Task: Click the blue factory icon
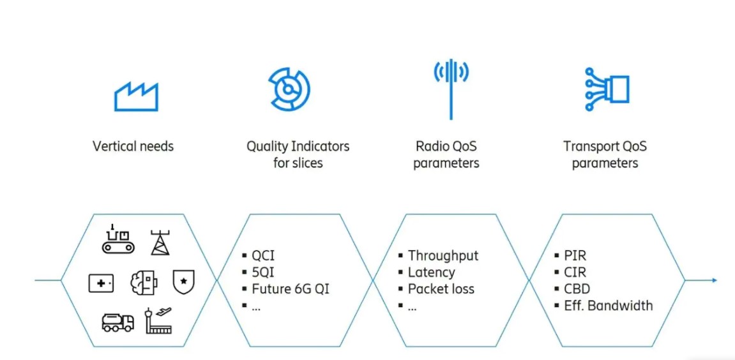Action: (136, 96)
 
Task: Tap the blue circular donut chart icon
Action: (289, 89)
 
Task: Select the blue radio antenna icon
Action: (450, 89)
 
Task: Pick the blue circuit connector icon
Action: (607, 89)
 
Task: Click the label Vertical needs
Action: (133, 146)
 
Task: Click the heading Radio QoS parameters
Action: (446, 154)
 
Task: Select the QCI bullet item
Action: (258, 256)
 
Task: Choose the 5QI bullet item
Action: (258, 273)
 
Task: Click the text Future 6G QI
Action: (285, 289)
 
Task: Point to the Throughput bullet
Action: (438, 256)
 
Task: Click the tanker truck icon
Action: (117, 322)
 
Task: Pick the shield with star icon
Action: (183, 282)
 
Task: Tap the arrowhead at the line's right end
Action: (715, 280)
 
